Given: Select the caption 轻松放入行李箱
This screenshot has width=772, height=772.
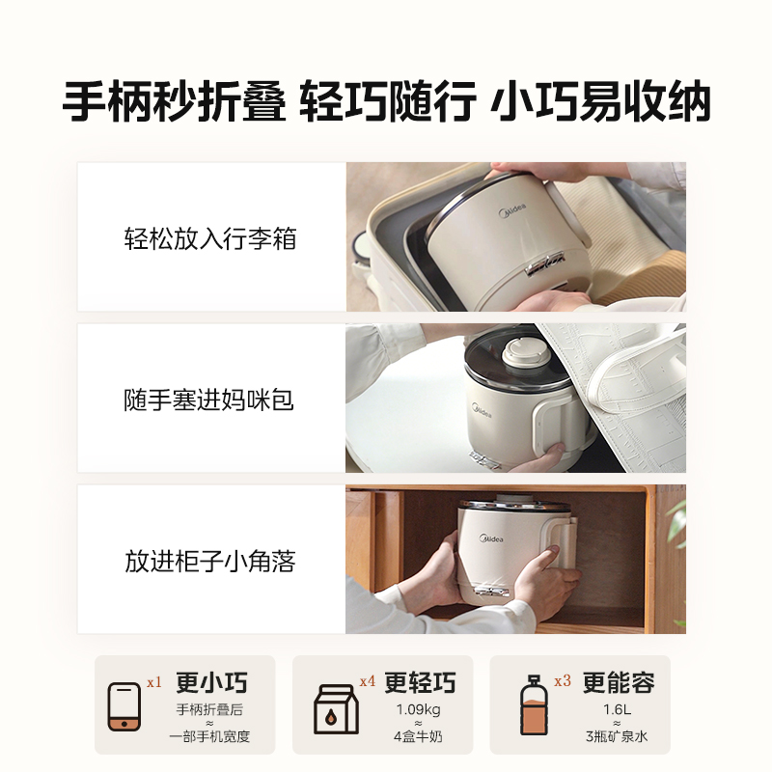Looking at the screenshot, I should pyautogui.click(x=209, y=238).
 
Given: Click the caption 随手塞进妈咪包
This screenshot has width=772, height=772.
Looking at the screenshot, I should pyautogui.click(x=209, y=400).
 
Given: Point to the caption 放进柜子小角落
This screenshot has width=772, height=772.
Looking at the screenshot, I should pyautogui.click(x=209, y=561).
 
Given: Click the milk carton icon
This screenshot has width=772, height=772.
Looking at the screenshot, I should pyautogui.click(x=334, y=712).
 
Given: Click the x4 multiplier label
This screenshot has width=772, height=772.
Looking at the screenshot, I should pyautogui.click(x=367, y=681).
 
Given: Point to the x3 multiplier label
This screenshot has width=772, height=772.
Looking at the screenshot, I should pyautogui.click(x=563, y=681).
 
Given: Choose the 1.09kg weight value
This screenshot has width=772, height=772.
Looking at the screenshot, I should pyautogui.click(x=419, y=710).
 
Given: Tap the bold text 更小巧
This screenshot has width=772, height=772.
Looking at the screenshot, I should pyautogui.click(x=211, y=683).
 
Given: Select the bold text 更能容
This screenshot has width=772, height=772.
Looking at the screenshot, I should pyautogui.click(x=619, y=683).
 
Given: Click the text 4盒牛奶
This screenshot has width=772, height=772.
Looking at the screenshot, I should pyautogui.click(x=419, y=737).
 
